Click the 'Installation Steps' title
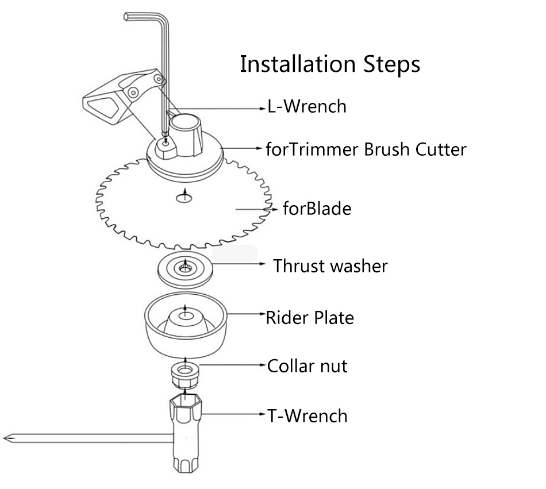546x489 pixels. coord(330,64)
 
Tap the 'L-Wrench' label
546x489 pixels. coord(307,106)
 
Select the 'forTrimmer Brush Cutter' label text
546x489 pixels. coord(366,149)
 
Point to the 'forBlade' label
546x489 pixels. coord(317,209)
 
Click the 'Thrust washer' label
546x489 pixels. coord(330,266)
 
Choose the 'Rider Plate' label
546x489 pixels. coord(310,318)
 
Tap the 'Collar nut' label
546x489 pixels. coord(307,366)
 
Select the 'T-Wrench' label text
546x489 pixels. coord(307,416)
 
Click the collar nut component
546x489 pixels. coord(185,375)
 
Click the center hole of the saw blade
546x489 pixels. coord(184,198)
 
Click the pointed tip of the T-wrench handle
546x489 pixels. coord(5,438)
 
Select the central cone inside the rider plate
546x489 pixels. coord(186,322)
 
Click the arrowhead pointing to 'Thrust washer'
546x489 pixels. coord(263,264)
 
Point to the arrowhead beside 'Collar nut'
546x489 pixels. coord(263,365)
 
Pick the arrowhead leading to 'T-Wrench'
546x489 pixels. coord(263,414)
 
